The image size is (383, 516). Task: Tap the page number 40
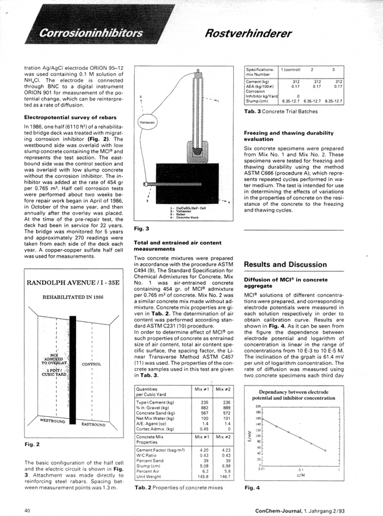point(27,510)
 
